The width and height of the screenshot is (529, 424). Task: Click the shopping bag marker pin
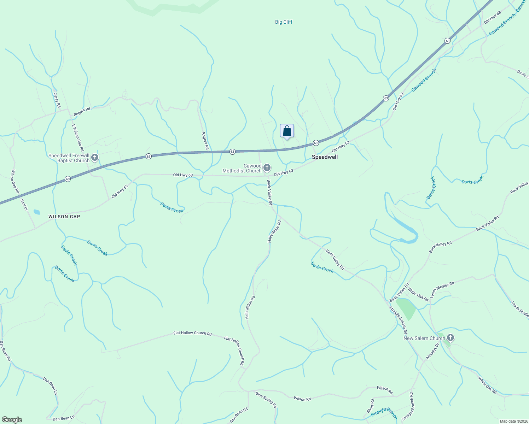[x=287, y=131]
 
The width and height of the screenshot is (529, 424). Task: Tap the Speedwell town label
[x=325, y=157]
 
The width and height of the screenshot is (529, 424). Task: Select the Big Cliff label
[x=284, y=22]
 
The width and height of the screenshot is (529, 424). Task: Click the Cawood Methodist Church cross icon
[x=267, y=168]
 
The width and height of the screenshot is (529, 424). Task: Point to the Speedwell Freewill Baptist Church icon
[x=95, y=158]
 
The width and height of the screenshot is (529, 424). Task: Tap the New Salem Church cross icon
[x=450, y=338]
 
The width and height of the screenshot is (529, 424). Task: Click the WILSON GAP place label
[x=64, y=217]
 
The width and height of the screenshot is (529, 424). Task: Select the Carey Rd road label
[x=57, y=100]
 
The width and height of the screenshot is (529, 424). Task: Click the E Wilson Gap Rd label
[x=77, y=138]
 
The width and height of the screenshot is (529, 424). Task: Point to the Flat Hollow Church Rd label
[x=192, y=333]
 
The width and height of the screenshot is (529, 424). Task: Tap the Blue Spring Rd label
[x=266, y=400]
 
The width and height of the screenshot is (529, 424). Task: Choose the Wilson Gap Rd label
[x=15, y=181]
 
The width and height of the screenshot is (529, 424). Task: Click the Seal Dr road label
[x=24, y=205]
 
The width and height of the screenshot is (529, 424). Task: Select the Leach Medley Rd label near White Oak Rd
[x=442, y=289]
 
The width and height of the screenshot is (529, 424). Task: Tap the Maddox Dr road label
[x=432, y=351]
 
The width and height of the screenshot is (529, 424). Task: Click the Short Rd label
[x=370, y=406]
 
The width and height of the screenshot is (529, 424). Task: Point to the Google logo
[x=12, y=420]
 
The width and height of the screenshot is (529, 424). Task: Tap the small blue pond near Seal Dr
[x=37, y=212]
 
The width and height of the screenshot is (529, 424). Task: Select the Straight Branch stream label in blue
[x=384, y=413]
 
